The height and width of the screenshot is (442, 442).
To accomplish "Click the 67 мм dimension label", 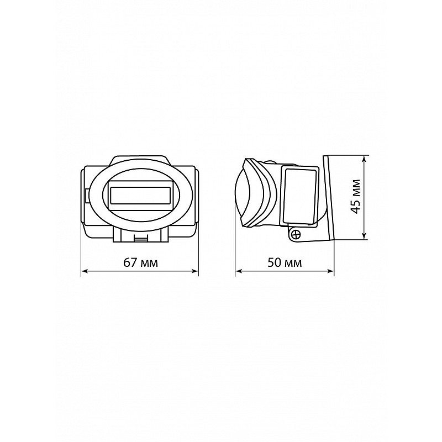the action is pos(141,263).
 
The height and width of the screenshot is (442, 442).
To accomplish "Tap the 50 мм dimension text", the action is pos(285,263).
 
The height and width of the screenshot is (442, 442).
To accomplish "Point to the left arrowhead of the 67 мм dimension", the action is pos(85,271).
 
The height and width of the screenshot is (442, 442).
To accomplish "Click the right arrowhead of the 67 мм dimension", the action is pos(195,271).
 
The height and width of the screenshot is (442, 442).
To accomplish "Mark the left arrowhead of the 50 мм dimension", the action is pos(239,271).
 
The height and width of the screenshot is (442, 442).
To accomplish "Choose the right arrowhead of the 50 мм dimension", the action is pos(330,271).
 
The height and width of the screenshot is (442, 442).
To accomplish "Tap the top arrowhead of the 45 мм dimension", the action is pos(365,159).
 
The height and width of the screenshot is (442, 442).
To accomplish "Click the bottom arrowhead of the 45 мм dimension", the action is pos(365,236).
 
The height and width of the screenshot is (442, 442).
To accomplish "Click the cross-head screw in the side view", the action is pos(296,234).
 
